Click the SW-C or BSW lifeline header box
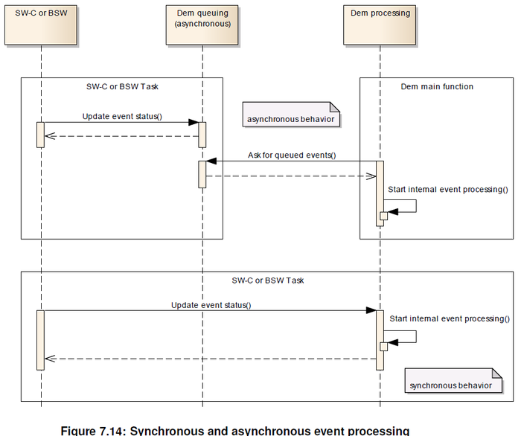tap(41, 25)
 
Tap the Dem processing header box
tap(380, 25)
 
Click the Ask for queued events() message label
tap(292, 155)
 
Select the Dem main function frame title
tap(436, 86)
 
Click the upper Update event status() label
tap(122, 116)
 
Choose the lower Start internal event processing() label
tap(449, 318)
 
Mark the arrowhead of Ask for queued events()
tap(211, 161)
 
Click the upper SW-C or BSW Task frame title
tap(122, 86)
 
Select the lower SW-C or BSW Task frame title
tap(267, 280)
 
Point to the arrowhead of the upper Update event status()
tap(193, 123)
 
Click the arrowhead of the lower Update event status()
tap(371, 311)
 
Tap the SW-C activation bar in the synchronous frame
tap(40, 339)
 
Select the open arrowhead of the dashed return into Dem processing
tap(371, 176)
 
